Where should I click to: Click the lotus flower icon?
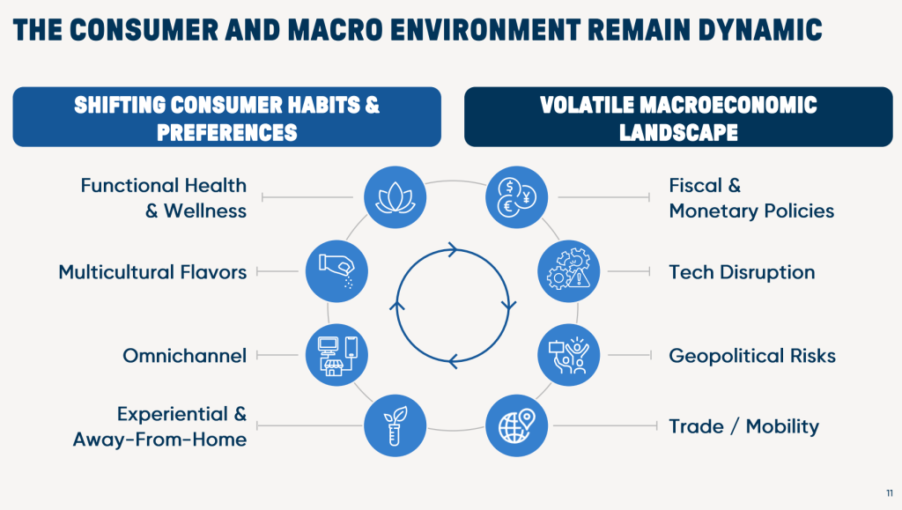click(x=396, y=197)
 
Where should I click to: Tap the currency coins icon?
click(x=516, y=197)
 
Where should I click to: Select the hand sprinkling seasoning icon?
click(x=336, y=270)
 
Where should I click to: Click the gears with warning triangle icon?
click(x=568, y=270)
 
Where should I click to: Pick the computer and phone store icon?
click(x=336, y=355)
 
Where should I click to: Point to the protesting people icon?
click(x=568, y=355)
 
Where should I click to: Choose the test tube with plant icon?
click(x=396, y=425)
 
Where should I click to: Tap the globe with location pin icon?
click(x=516, y=425)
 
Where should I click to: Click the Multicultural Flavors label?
click(x=152, y=272)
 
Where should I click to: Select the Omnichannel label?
click(x=185, y=355)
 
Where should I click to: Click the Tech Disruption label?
click(x=742, y=272)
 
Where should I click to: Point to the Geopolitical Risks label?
click(x=752, y=356)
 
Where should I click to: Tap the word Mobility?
click(x=782, y=426)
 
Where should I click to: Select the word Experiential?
click(x=173, y=415)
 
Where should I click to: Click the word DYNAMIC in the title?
click(x=760, y=30)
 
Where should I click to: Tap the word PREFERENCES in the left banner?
click(x=227, y=133)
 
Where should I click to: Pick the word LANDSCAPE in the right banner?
click(x=679, y=133)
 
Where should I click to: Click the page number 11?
click(x=890, y=493)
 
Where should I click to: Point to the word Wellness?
click(x=205, y=211)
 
